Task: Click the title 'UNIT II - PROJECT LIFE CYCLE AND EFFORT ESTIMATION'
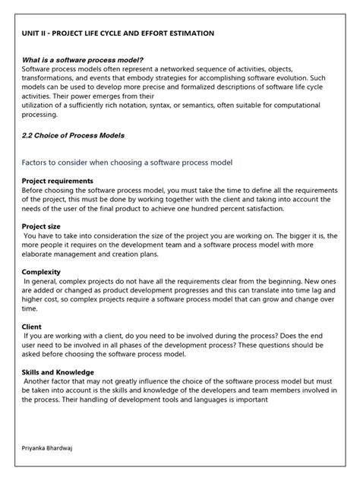pyautogui.click(x=118, y=34)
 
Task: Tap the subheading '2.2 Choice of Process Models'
pyautogui.click(x=73, y=135)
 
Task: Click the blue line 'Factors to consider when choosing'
pyautogui.click(x=126, y=163)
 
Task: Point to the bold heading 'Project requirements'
pyautogui.click(x=58, y=181)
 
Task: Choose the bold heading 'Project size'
pyautogui.click(x=43, y=226)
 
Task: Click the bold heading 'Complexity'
pyautogui.click(x=41, y=272)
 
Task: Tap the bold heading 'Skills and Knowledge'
pyautogui.click(x=58, y=372)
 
